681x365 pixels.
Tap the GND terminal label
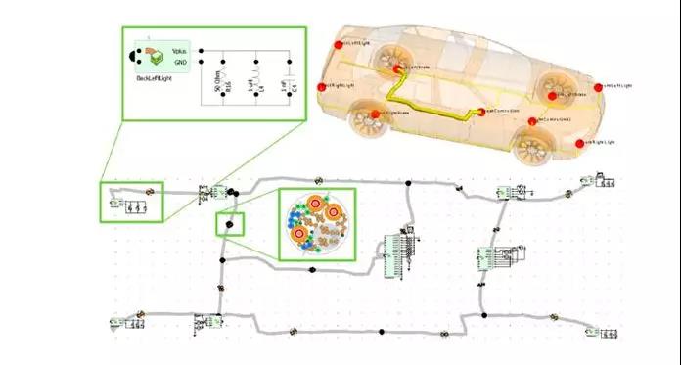[x=180, y=59]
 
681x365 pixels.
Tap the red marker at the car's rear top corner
[x=338, y=44]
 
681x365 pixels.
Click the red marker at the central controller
[x=482, y=111]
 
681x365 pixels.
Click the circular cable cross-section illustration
[x=317, y=224]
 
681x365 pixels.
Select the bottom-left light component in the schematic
[x=128, y=321]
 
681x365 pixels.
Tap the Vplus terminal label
[x=179, y=48]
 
